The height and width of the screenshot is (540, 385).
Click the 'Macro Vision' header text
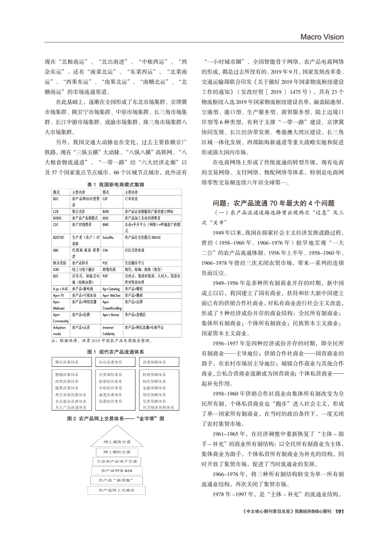[x=322, y=37]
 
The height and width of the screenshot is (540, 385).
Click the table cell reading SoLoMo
[x=108, y=237]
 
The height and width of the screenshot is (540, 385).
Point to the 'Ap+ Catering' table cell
[x=111, y=289]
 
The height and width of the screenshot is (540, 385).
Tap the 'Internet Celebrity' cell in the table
[x=109, y=330]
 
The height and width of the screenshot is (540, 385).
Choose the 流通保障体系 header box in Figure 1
[x=159, y=361]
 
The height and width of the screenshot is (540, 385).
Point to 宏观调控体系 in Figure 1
[x=110, y=374]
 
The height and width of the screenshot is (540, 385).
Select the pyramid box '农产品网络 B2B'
[x=116, y=471]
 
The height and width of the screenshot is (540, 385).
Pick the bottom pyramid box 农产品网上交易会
[x=116, y=490]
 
